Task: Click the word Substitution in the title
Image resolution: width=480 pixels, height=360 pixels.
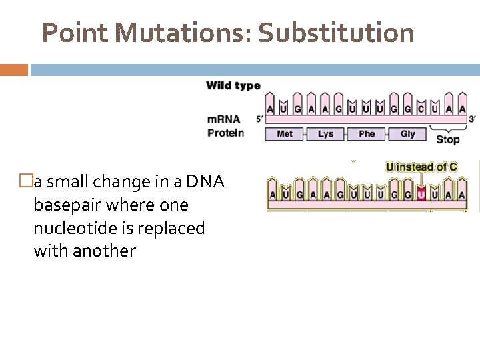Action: [x=336, y=32]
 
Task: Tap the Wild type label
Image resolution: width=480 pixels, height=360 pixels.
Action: [x=233, y=85]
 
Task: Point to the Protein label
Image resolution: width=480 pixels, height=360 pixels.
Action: [x=225, y=133]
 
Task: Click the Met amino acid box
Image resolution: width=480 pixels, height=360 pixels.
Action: [x=285, y=134]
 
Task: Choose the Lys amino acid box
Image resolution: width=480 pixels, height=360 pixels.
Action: [x=325, y=134]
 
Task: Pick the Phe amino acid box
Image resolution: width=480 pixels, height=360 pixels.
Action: [x=367, y=134]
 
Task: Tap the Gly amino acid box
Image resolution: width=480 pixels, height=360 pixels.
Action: [x=407, y=134]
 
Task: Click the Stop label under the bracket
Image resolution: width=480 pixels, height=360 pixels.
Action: [x=447, y=139]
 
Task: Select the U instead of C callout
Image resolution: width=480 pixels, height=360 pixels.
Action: [x=421, y=167]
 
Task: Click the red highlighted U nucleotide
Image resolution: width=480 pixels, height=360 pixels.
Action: [x=420, y=195]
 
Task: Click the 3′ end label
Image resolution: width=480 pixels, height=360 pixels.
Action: [x=472, y=118]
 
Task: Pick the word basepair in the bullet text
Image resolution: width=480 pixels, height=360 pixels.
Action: [x=66, y=205]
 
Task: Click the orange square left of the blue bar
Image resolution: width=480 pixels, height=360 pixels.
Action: [x=14, y=69]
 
